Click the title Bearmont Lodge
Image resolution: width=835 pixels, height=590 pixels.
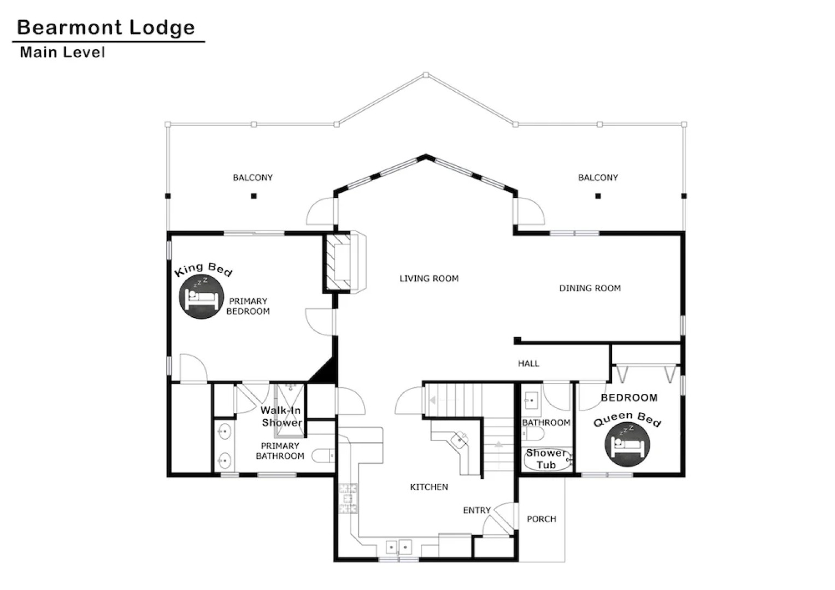106,27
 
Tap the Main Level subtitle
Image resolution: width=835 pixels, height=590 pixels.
62,52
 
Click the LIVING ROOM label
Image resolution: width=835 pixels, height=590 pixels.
428,279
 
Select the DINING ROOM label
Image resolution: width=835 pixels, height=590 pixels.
590,288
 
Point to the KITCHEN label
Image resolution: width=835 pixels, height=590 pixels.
428,487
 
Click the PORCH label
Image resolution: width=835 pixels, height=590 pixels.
541,519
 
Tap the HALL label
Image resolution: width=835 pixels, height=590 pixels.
528,363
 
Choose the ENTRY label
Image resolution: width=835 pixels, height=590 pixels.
477,510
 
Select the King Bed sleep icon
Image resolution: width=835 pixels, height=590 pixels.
201,297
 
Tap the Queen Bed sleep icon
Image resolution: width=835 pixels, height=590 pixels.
627,445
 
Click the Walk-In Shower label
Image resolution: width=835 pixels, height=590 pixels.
281,416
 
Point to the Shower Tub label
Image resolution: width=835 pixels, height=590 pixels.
546,459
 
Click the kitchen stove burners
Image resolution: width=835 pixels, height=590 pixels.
348,498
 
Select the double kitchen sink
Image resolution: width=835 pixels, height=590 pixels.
398,546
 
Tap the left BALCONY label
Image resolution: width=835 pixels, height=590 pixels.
252,178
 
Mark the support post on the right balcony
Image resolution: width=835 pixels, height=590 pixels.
598,196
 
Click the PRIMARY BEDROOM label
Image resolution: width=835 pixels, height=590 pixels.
248,306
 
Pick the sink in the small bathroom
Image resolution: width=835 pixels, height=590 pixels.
530,400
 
